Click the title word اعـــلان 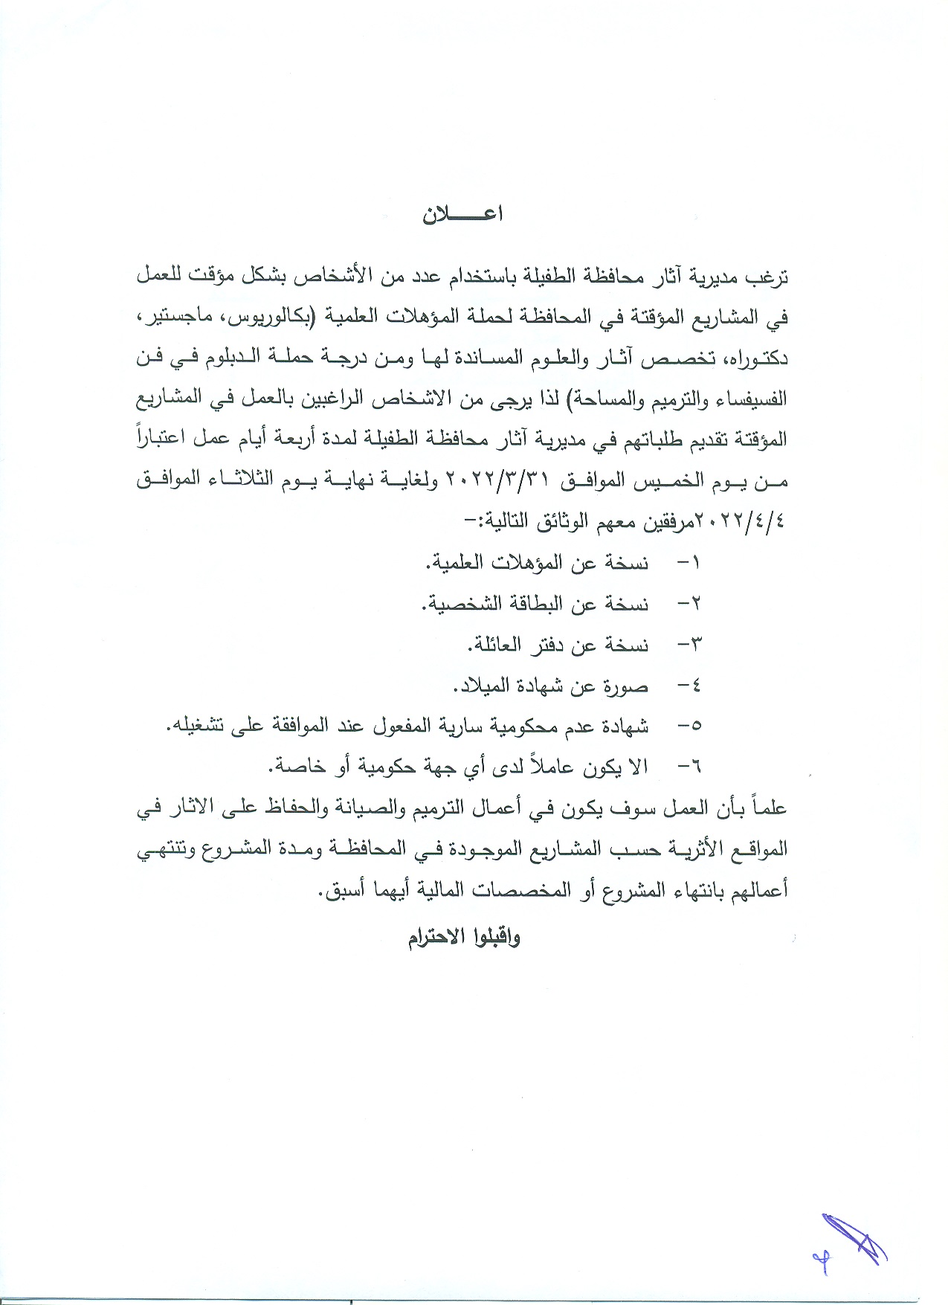click(x=462, y=216)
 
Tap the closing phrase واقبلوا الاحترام click(x=464, y=937)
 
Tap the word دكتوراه click(x=758, y=358)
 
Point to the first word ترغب click(x=770, y=277)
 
